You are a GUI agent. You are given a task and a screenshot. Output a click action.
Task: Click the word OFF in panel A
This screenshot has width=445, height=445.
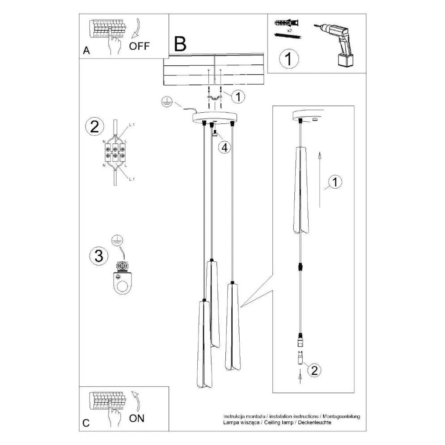[x=140, y=46]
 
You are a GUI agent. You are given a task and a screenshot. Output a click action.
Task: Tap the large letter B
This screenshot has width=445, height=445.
[x=180, y=43]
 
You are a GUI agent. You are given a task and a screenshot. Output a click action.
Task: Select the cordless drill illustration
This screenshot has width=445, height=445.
[x=338, y=43]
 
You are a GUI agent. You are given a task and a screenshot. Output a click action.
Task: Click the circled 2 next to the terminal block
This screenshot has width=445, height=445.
[x=94, y=127]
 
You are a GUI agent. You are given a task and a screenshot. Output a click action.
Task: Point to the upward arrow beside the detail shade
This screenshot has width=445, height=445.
[x=319, y=179]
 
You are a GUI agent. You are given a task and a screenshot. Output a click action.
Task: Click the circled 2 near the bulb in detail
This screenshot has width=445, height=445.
[x=314, y=370]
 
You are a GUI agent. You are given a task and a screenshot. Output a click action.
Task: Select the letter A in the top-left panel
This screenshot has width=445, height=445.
[x=86, y=51]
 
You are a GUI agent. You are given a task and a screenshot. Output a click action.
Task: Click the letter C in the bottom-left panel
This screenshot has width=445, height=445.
[x=86, y=423]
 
